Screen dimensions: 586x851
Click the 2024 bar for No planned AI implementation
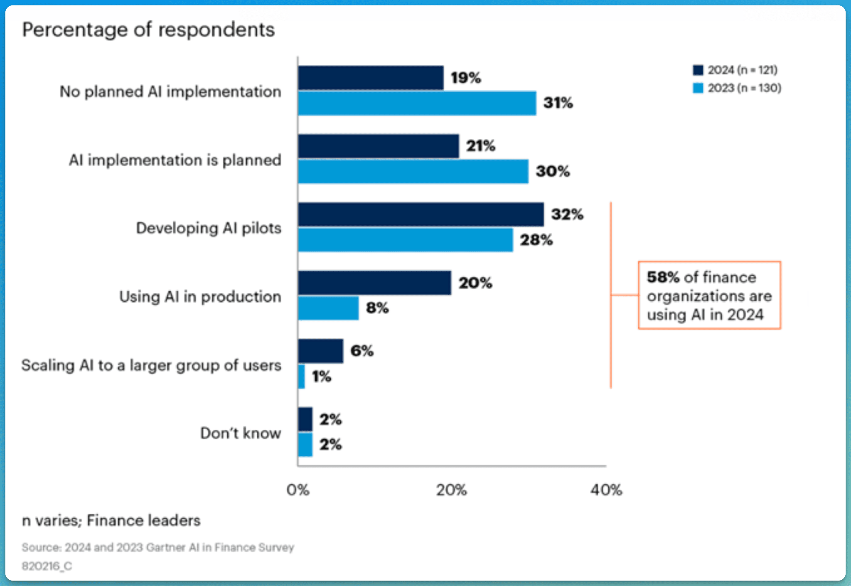[371, 78]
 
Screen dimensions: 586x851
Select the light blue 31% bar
[417, 103]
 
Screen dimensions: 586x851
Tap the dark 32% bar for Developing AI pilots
[421, 214]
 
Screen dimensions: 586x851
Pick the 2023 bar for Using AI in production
[328, 308]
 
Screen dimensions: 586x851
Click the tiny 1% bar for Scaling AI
[301, 377]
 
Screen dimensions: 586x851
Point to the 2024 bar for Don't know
[305, 419]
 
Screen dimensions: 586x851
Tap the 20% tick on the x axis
[451, 490]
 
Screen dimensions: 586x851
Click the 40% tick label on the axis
[606, 490]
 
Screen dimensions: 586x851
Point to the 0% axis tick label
[298, 490]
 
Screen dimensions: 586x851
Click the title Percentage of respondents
[148, 30]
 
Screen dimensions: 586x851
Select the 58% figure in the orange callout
[663, 277]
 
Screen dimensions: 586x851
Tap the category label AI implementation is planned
[175, 160]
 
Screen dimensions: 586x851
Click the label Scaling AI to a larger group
[151, 365]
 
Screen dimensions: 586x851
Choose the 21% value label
[480, 146]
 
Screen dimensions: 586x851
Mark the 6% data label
[362, 351]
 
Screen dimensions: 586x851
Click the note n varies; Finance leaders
[111, 520]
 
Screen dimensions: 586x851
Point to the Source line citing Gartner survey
[158, 547]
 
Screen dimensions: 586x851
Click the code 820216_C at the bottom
[47, 566]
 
